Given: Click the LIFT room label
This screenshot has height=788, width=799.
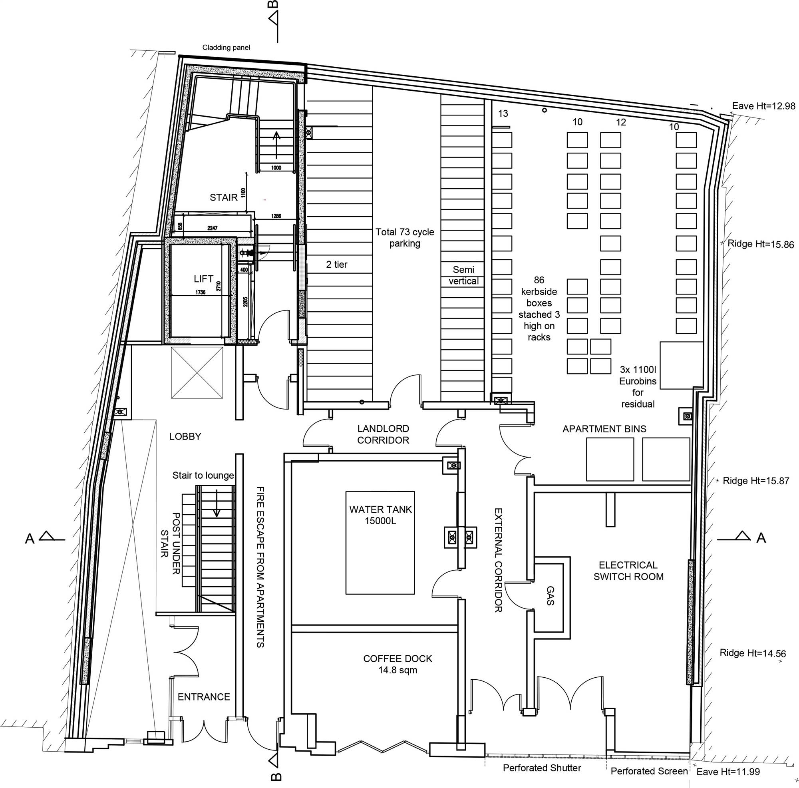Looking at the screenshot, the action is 203,279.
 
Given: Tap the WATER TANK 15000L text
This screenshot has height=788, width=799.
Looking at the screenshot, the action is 380,515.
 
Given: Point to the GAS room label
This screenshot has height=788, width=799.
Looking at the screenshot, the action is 550,596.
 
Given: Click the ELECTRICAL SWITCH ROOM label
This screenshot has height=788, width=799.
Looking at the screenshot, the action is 628,571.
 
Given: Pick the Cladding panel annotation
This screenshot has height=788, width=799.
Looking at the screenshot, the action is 226,48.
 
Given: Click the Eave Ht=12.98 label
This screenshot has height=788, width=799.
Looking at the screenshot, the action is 763,106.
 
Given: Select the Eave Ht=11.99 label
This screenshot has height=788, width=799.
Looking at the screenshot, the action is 728,772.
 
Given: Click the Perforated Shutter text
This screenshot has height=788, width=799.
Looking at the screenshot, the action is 542,768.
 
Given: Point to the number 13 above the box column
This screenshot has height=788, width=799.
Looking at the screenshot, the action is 503,113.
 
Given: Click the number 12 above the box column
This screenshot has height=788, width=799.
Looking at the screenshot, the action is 621,122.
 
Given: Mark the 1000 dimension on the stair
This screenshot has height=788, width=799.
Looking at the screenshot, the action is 276,168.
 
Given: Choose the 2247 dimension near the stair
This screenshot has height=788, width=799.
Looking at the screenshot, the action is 213,228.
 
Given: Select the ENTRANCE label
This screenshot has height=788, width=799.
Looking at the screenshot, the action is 204,697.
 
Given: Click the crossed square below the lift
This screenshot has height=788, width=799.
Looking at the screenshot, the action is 197,372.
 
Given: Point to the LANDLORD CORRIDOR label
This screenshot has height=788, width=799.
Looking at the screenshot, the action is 383,434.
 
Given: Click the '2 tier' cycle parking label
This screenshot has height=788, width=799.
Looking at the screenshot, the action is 337,264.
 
